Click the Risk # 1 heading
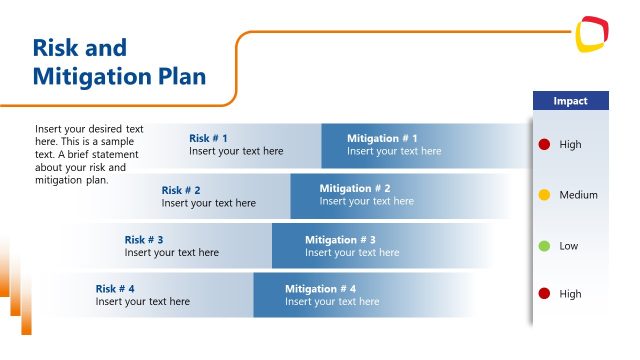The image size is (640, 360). (x=208, y=138)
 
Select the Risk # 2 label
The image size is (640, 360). (x=181, y=190)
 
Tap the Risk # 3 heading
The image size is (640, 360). (x=144, y=240)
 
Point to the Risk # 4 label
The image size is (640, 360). (x=115, y=289)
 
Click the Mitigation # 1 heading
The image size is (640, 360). (x=382, y=138)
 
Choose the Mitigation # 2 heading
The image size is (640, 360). (x=355, y=188)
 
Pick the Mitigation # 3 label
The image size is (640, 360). (x=340, y=240)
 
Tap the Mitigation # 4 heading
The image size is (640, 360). (x=320, y=289)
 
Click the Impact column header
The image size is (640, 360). (x=570, y=101)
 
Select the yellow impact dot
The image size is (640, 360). (x=544, y=195)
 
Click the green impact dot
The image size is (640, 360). (x=544, y=246)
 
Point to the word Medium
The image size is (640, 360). (x=578, y=195)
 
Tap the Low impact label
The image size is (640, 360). (x=568, y=246)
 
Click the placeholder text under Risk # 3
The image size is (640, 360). (x=171, y=253)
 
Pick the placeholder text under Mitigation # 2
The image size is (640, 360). (x=366, y=201)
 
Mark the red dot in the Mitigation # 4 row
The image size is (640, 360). (x=544, y=294)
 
